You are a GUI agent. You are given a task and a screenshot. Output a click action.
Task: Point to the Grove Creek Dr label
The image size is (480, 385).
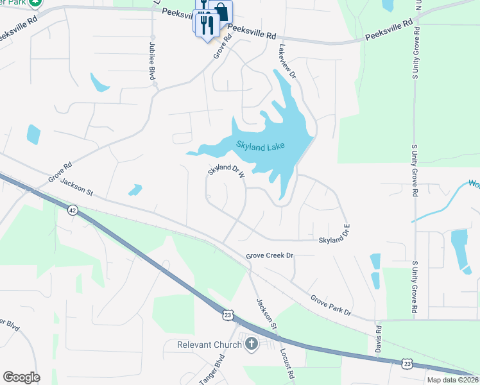click(x=270, y=255)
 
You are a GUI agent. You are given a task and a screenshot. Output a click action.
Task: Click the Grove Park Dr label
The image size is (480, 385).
click(x=331, y=305)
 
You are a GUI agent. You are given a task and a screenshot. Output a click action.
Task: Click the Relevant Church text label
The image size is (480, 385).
click(x=209, y=345)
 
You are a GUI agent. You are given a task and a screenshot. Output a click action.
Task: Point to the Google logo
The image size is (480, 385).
click(x=21, y=377)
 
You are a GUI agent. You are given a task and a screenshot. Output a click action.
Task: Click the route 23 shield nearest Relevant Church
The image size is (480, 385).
click(x=228, y=314)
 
